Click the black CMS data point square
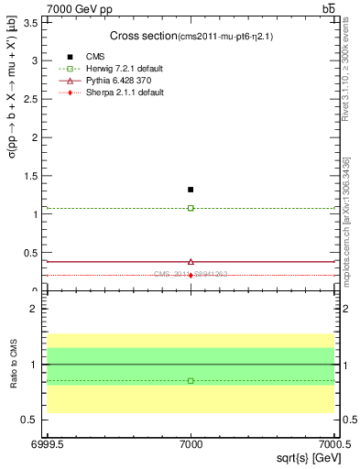[x=191, y=190]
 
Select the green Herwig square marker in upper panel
[x=191, y=208]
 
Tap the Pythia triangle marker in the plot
[x=191, y=261]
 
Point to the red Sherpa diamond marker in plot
[x=191, y=275]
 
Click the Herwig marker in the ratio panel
[x=191, y=380]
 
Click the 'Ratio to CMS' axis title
[x=15, y=365]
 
